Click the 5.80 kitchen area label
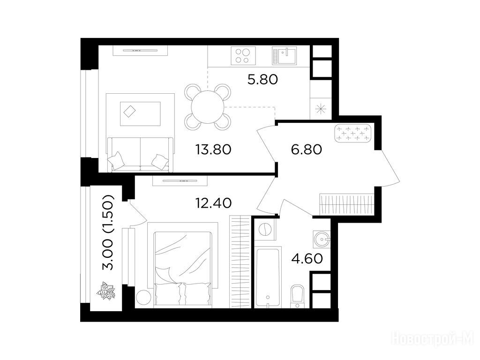point(262,80)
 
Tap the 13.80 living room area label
point(213,150)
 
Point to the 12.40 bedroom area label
point(213,202)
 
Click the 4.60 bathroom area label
point(307,259)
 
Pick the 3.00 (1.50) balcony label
point(108,232)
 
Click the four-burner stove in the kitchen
point(243,56)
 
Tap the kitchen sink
point(285,56)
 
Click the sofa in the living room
point(140,154)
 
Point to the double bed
point(183,269)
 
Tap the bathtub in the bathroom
point(268,277)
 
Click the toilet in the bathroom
point(297,296)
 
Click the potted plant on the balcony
point(106,291)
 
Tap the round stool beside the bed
point(143,297)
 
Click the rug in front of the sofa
point(140,114)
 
